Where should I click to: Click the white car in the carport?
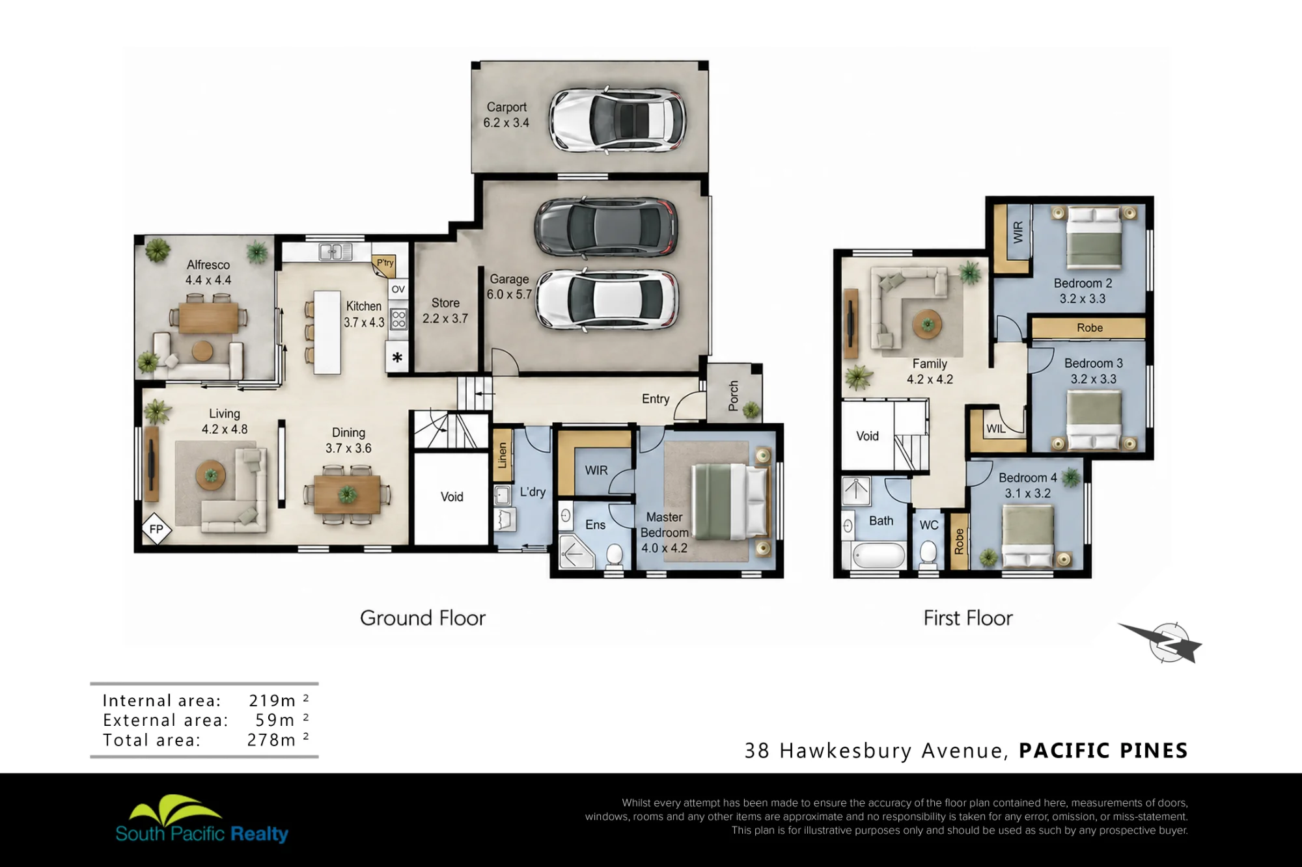616,120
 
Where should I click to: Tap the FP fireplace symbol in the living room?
156,529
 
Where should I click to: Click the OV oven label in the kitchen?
398,289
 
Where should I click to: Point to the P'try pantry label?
385,263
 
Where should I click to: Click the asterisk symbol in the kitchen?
397,357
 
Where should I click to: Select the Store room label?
445,303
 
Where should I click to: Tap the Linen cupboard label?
502,455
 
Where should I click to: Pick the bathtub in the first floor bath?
878,555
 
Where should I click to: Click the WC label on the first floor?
929,525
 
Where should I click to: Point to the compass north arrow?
1161,642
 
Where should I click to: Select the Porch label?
734,396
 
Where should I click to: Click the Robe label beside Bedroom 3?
1090,328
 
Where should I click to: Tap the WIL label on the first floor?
995,429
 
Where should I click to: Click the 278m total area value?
278,740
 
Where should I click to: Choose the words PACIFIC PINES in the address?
1103,751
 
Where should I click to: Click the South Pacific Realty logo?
202,820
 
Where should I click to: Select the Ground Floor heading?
423,618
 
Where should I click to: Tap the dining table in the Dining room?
347,495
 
